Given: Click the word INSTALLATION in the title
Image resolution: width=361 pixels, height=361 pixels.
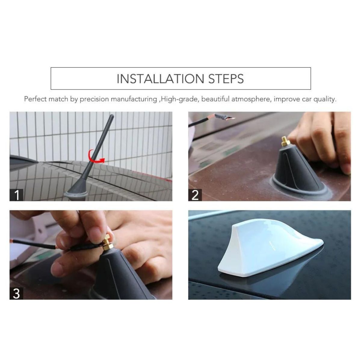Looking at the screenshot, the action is (160, 79).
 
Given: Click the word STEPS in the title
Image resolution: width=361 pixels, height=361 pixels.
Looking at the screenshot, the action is (226, 79).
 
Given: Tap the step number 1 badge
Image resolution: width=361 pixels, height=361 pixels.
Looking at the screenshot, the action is (16, 195).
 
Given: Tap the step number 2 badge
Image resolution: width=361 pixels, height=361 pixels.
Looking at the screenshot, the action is (195, 195).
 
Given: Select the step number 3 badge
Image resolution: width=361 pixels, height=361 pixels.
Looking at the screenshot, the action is (16, 293).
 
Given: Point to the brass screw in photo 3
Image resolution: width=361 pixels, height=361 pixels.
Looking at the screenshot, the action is (107, 244).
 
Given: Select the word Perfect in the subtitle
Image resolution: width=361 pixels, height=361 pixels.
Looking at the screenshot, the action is (35, 99).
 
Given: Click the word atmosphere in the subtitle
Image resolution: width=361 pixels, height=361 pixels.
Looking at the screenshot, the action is (251, 99).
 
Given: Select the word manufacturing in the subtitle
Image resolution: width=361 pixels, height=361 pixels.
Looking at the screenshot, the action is (134, 99).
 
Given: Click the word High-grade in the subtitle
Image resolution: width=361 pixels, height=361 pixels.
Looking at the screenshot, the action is (179, 99).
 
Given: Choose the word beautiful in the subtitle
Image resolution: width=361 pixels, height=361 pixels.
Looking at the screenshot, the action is (215, 99).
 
